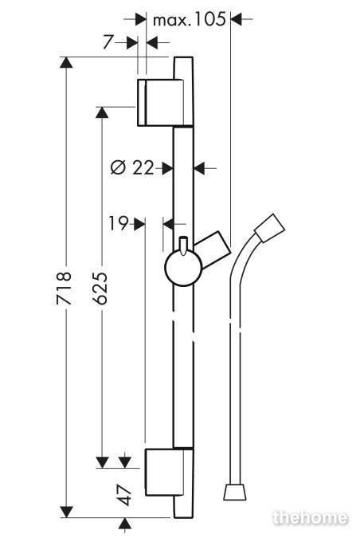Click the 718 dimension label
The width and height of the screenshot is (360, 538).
click(x=64, y=289)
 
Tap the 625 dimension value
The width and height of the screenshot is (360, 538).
click(x=101, y=289)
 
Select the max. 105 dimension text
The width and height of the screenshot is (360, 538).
click(x=190, y=20)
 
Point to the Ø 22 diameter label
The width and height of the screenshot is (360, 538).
click(x=132, y=168)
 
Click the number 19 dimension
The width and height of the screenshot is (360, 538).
click(x=119, y=224)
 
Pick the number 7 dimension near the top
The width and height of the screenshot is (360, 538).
click(x=108, y=42)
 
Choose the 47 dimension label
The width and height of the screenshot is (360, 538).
click(x=126, y=495)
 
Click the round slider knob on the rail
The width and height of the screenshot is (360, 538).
click(x=183, y=268)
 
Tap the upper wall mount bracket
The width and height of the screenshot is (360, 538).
click(x=160, y=103)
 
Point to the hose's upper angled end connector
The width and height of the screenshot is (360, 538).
click(x=270, y=229)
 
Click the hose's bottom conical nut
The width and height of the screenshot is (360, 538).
click(x=235, y=492)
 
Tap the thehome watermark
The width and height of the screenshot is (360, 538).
click(x=311, y=517)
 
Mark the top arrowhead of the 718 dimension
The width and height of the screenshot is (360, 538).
click(x=66, y=63)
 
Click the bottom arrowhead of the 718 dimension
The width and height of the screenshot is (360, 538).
click(x=66, y=511)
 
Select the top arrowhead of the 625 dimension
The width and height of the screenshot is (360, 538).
click(x=102, y=112)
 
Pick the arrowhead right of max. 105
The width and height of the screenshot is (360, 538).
click(x=237, y=19)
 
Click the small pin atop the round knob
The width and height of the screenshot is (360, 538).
click(x=183, y=245)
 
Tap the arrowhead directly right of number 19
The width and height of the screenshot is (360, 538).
click(x=139, y=224)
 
